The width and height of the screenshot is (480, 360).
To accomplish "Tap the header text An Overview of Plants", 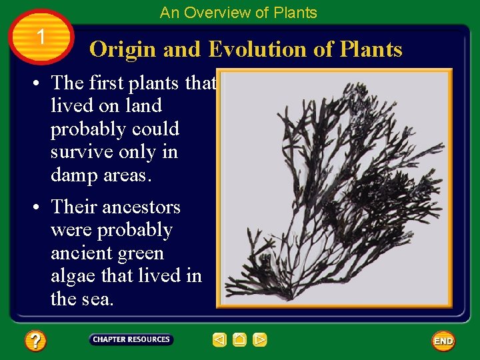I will [x=239, y=12].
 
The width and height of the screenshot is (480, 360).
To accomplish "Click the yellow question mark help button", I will [x=35, y=341].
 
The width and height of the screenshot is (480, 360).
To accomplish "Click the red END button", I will [x=443, y=341].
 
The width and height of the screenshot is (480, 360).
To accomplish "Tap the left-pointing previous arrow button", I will [x=219, y=340].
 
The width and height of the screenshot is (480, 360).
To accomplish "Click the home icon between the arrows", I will [x=240, y=340].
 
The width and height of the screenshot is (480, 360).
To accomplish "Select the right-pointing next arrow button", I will [x=260, y=340].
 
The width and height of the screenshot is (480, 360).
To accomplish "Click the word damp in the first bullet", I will [x=72, y=175].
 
